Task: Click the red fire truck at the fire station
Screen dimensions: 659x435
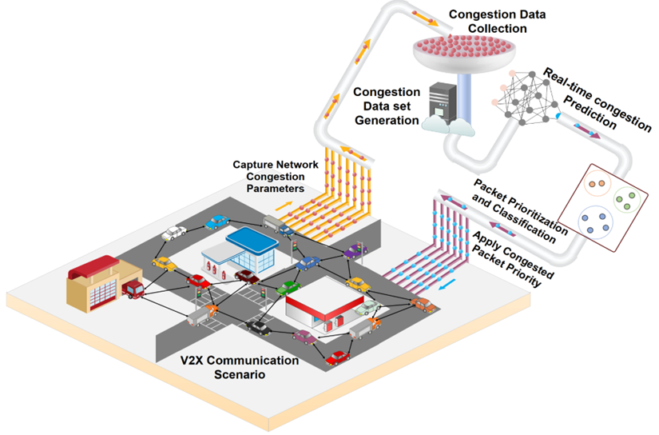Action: (133, 289)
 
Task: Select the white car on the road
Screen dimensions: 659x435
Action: (173, 233)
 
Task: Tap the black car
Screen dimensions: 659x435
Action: (258, 327)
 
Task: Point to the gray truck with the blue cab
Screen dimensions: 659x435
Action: (278, 225)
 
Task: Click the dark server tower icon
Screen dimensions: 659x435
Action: (443, 103)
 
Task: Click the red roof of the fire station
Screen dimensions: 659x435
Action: (93, 267)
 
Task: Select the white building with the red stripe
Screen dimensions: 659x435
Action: (324, 305)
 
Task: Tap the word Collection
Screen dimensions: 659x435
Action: (497, 29)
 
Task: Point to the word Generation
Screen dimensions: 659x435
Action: (387, 120)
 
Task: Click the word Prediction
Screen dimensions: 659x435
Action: (590, 112)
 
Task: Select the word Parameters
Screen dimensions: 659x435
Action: (276, 188)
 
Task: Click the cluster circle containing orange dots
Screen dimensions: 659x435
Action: (597, 183)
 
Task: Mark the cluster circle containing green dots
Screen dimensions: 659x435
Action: (626, 199)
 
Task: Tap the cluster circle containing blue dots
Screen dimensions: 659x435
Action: (596, 222)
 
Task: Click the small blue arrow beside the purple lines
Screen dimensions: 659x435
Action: (447, 285)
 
